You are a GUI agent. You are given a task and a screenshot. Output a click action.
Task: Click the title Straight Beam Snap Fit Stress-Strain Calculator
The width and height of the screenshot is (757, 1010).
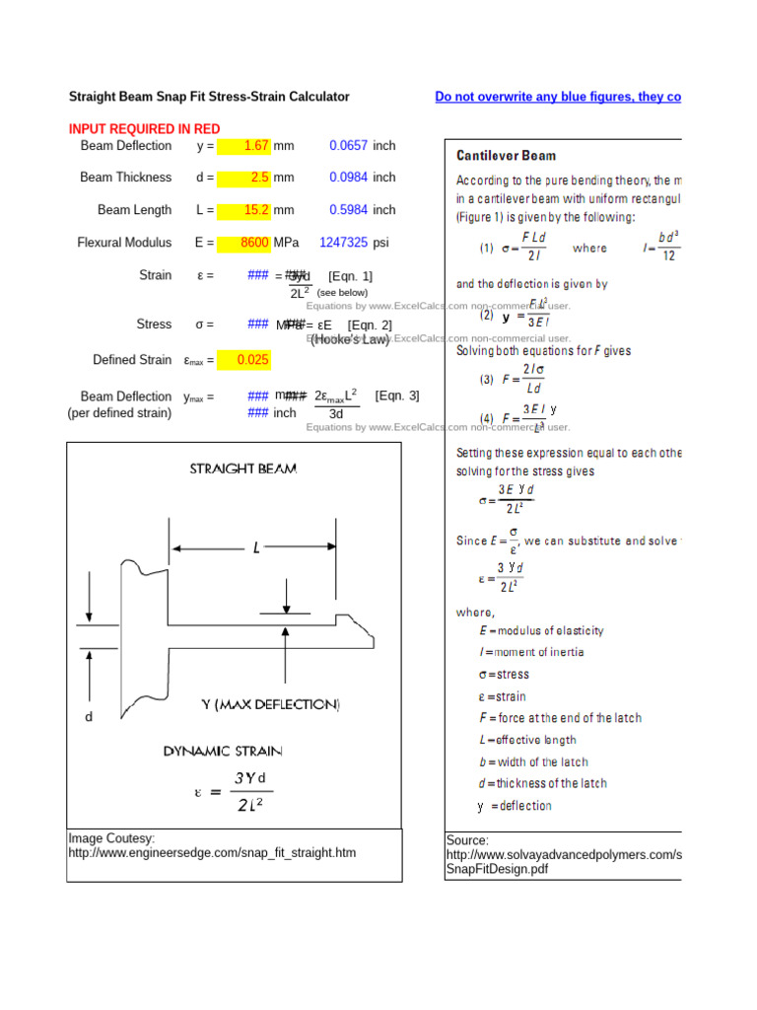[x=209, y=97]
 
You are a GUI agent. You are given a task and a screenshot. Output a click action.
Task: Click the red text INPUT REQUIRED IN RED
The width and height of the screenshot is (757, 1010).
[x=145, y=129]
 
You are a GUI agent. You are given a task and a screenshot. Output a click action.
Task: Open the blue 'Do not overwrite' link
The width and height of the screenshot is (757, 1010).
[x=558, y=97]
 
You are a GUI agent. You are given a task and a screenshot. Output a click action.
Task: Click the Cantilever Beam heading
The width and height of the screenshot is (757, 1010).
[x=506, y=156]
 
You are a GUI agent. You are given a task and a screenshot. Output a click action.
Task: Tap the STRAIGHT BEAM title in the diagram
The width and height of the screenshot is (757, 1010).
[x=242, y=469]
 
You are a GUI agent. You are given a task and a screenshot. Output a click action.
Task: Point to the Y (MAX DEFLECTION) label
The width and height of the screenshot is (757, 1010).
[x=270, y=704]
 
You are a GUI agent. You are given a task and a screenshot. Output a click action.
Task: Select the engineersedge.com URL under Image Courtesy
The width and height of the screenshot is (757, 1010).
[x=212, y=852]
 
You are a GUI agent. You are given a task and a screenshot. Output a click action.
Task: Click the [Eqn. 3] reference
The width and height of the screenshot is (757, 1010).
[x=396, y=396]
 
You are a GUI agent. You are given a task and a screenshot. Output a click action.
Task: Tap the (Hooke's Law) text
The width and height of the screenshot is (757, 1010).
[x=350, y=339]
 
